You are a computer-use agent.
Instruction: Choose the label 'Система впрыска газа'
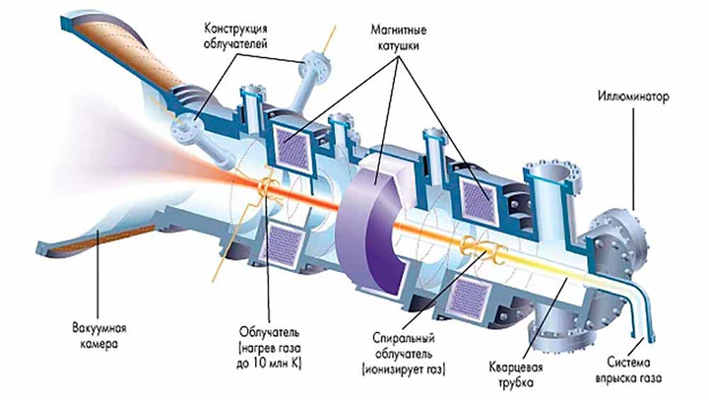639,367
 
